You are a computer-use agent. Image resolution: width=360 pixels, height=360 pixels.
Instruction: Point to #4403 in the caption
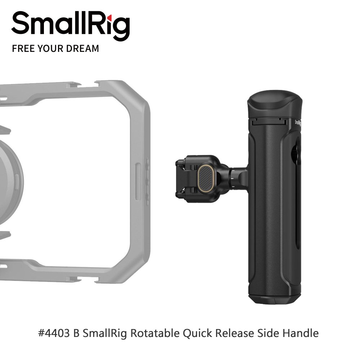(x=54, y=333)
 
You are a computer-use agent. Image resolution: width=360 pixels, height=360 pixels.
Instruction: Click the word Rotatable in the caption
(x=155, y=333)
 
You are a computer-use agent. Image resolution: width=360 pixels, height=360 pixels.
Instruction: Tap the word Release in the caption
(x=235, y=333)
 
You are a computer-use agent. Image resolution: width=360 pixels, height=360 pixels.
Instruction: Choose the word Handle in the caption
(x=301, y=333)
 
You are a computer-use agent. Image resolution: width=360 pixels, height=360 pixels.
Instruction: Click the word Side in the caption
(x=268, y=333)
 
